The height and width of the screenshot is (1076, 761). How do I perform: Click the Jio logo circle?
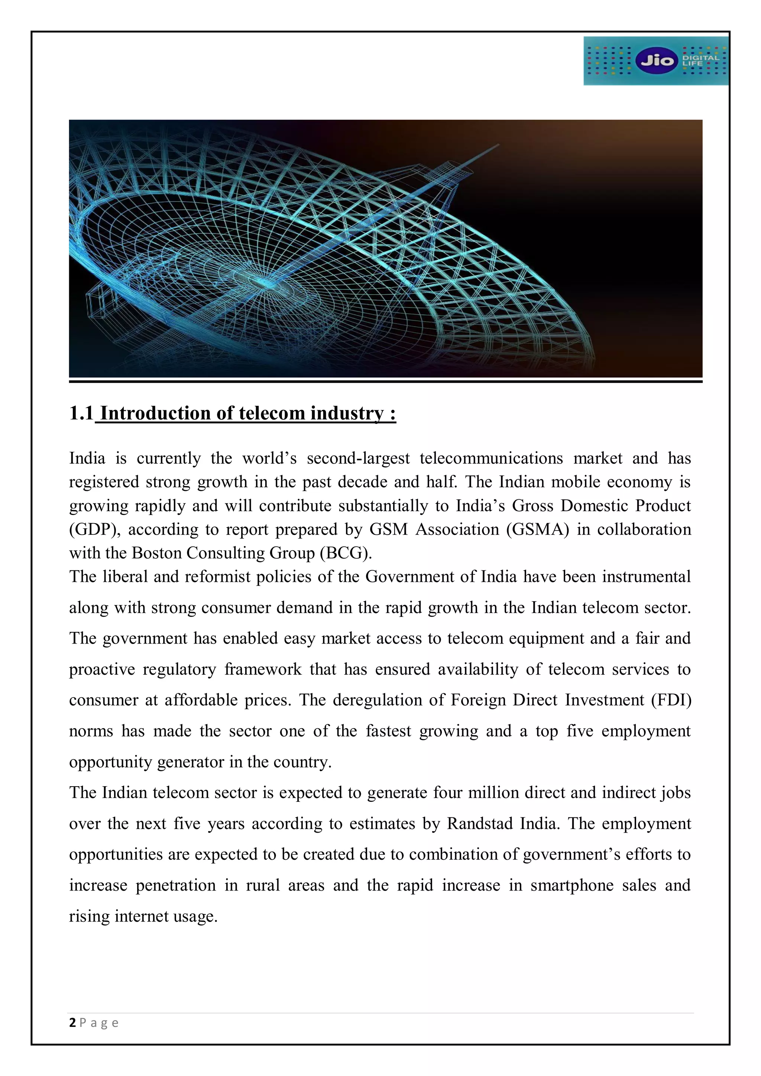pos(657,61)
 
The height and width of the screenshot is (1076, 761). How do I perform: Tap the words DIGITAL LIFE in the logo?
pos(700,61)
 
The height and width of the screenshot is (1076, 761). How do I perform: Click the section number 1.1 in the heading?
pos(81,413)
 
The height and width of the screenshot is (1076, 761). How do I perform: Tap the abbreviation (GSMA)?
pos(537,529)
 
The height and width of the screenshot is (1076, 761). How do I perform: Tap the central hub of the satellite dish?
pos(266,283)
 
